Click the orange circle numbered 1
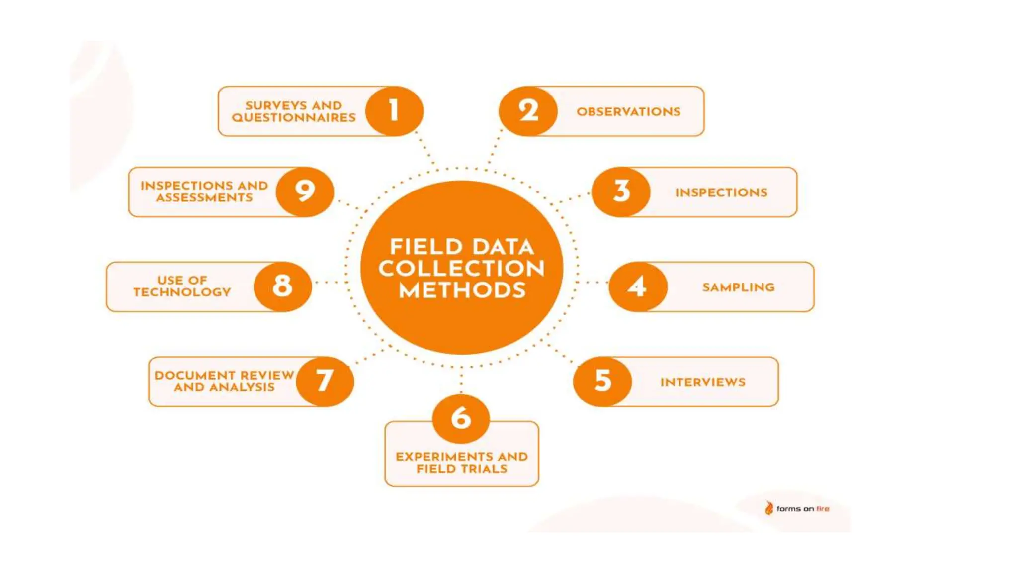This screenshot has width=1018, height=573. (394, 111)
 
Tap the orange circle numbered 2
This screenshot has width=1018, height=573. (528, 111)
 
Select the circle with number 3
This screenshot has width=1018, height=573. (621, 191)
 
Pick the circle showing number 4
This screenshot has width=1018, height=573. (638, 286)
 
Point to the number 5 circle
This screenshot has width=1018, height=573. (602, 382)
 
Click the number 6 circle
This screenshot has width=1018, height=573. (461, 418)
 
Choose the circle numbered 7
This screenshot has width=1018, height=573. (325, 382)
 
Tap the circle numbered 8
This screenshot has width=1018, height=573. (282, 286)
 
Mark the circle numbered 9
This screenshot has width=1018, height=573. (305, 191)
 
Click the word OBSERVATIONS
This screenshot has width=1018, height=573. (628, 112)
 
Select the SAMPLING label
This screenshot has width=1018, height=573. (738, 287)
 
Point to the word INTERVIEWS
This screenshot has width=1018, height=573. (702, 382)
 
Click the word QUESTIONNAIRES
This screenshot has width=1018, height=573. (294, 118)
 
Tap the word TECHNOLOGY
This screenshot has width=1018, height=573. (182, 292)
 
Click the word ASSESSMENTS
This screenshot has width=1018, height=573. (204, 198)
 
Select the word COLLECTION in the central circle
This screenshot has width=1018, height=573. (461, 269)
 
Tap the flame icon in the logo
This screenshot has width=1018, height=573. (769, 508)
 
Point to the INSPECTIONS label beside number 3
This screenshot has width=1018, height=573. (721, 192)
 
